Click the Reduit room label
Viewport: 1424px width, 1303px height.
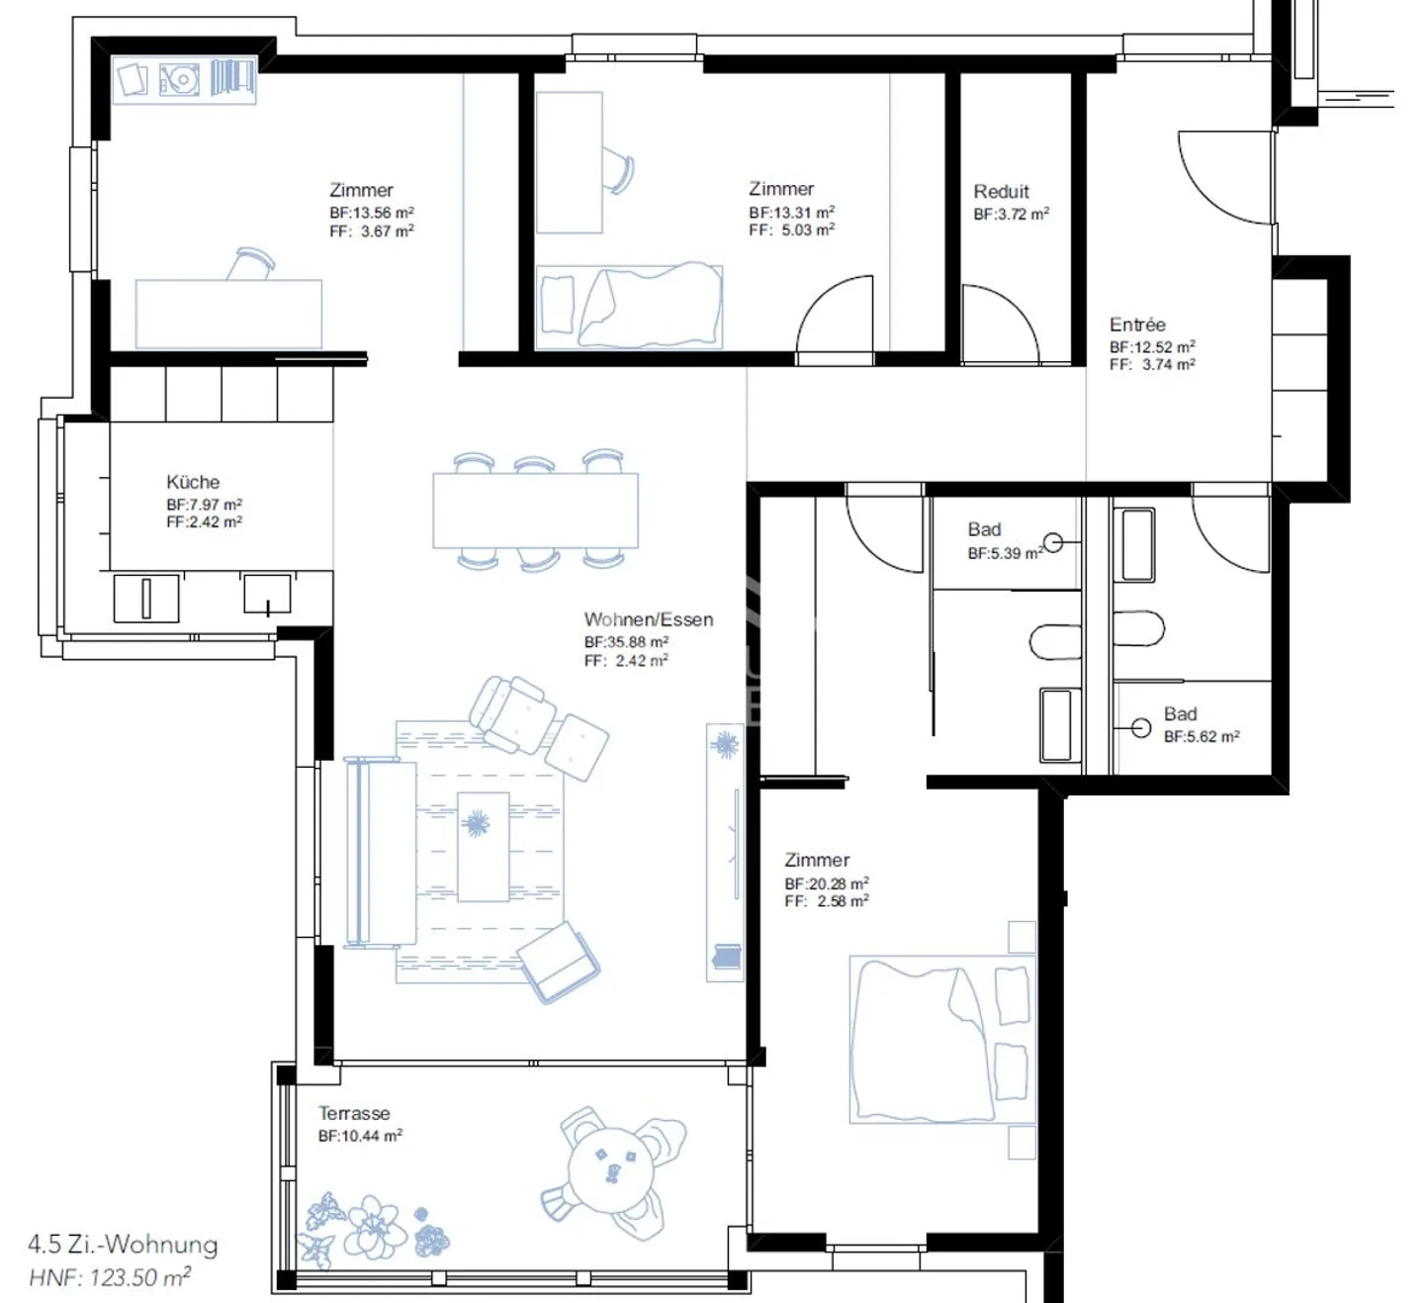[1001, 192]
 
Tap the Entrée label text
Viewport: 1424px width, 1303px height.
[1137, 325]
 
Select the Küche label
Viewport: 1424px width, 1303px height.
[193, 482]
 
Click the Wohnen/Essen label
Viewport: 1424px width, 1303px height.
[648, 619]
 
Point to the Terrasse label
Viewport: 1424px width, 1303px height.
[354, 1113]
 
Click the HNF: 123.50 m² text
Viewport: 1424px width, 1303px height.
[109, 1277]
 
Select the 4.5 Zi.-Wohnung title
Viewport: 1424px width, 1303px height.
[123, 1244]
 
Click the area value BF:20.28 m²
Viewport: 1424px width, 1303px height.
[827, 884]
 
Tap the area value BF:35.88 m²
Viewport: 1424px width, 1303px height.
[626, 642]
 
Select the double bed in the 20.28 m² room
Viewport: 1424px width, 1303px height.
[930, 1039]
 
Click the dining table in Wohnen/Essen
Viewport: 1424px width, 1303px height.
[535, 511]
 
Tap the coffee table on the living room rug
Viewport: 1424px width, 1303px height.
[483, 846]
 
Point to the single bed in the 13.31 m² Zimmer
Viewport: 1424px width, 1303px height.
[629, 307]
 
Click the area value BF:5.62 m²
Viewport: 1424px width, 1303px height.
[1201, 737]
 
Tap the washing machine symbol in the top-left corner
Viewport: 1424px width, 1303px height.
[180, 79]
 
